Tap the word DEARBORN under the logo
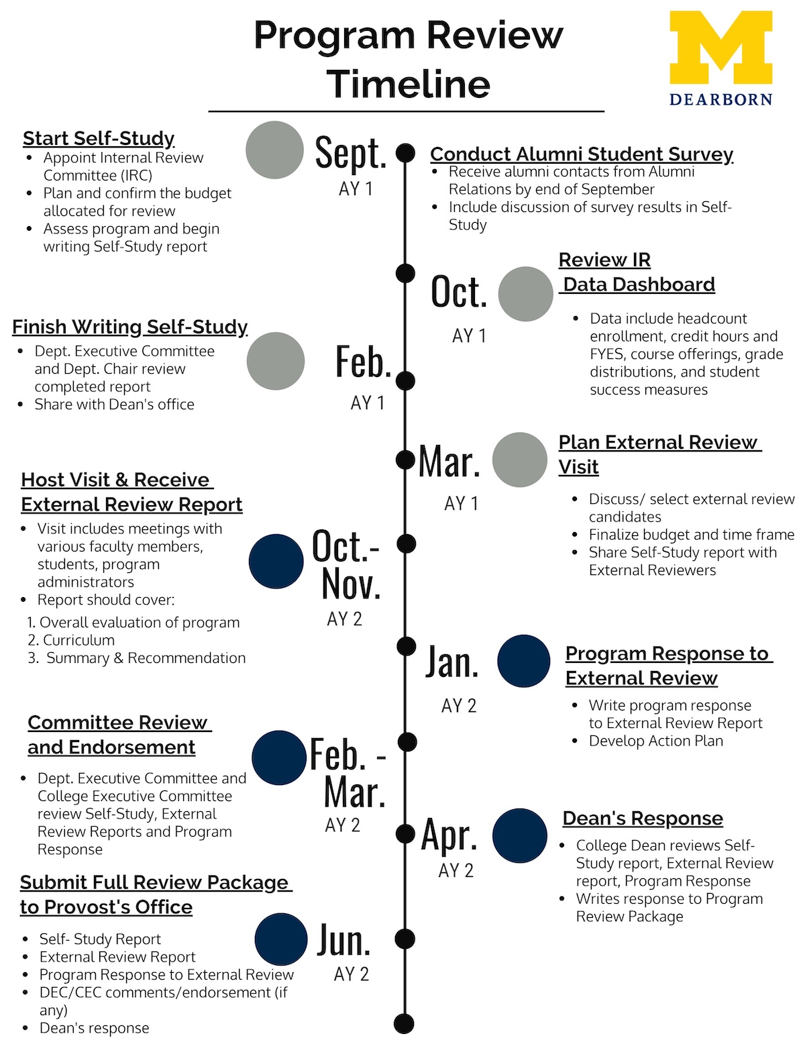[x=720, y=99]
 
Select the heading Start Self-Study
[x=99, y=138]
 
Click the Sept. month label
[x=351, y=154]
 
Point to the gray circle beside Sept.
[x=274, y=150]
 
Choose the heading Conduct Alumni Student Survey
[x=582, y=154]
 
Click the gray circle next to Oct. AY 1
[x=525, y=294]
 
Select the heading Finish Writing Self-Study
[x=129, y=327]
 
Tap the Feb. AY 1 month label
[x=364, y=362]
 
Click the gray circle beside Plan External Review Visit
[x=519, y=460]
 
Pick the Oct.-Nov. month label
[x=346, y=565]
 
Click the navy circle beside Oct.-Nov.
[x=276, y=561]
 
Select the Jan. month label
[x=452, y=662]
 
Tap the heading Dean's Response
[x=643, y=819]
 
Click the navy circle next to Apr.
[x=519, y=835]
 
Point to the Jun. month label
[x=343, y=940]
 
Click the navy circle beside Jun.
[x=281, y=939]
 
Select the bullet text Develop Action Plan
[x=655, y=741]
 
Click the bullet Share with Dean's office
[x=114, y=405]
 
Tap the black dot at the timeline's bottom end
[x=404, y=1024]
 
